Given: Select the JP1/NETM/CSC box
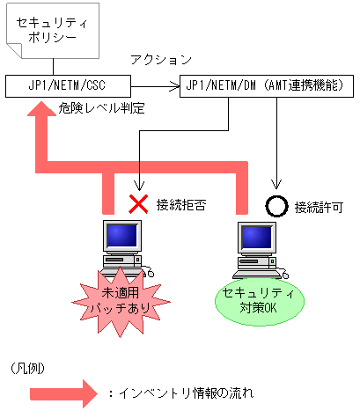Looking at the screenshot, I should click(x=68, y=85).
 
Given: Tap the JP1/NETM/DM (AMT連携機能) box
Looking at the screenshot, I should click(x=268, y=85).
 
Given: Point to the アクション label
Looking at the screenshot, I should click(x=161, y=60).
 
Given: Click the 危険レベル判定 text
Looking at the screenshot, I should click(x=101, y=109).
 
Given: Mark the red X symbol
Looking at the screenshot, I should click(x=138, y=204).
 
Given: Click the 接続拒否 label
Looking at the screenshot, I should click(x=180, y=204).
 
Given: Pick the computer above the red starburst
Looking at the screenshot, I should click(x=124, y=246).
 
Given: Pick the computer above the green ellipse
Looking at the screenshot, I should click(x=259, y=246).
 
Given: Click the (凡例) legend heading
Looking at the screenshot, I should click(x=28, y=364).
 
